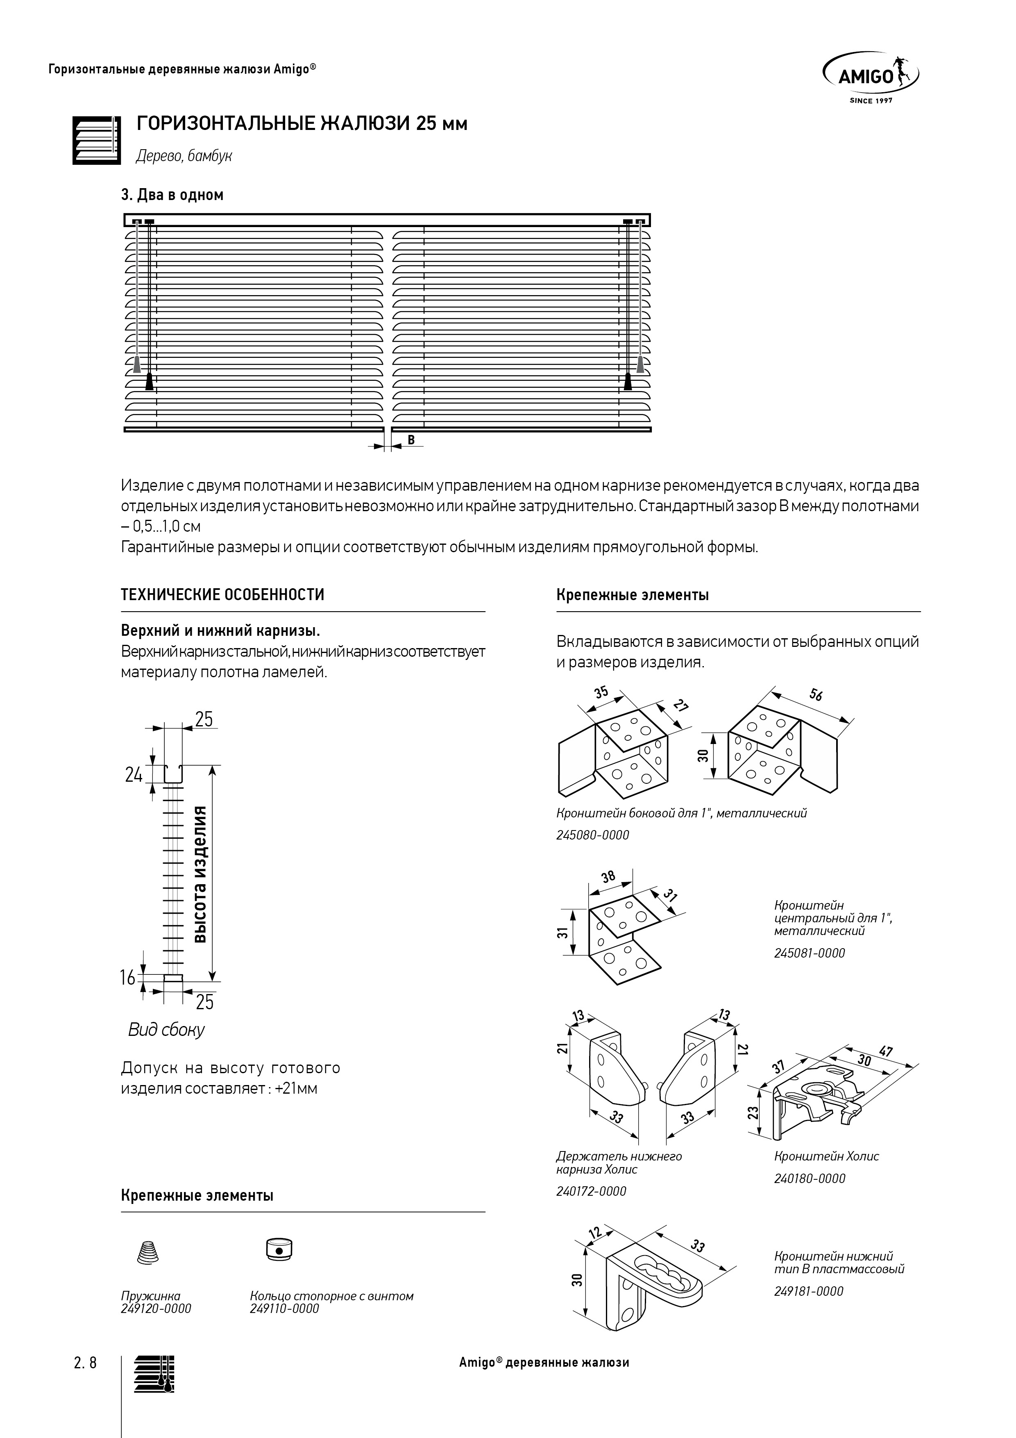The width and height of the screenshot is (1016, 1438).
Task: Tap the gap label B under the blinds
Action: pos(411,440)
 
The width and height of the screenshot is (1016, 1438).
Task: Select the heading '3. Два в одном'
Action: pos(172,195)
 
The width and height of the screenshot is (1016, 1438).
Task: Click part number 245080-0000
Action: pos(593,835)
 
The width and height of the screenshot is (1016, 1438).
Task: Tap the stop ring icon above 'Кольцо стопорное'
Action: pos(279,1249)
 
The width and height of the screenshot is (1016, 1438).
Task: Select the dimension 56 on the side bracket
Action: pos(816,694)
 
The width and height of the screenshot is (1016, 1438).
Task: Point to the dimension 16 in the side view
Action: pos(128,978)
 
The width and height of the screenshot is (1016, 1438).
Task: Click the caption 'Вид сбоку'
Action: pos(166,1030)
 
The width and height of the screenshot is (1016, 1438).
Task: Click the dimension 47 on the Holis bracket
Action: pos(885,1051)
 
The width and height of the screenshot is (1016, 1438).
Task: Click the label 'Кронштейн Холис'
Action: pos(826,1156)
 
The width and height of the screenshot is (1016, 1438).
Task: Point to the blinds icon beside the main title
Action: pos(96,140)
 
